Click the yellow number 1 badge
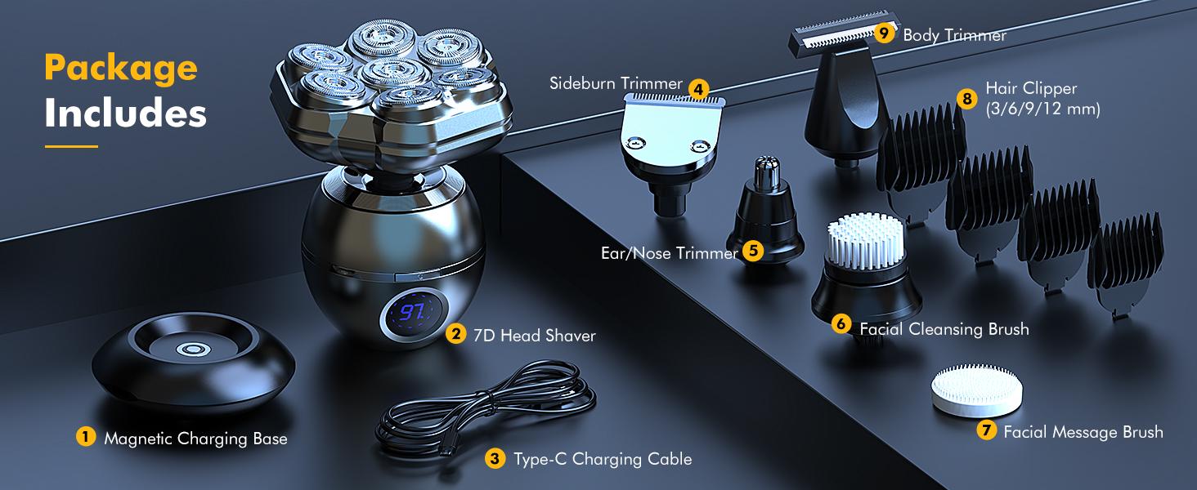85,438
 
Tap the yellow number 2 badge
456,334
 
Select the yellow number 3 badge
494,458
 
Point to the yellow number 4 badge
697,88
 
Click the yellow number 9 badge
883,33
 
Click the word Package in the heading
121,69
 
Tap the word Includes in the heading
125,114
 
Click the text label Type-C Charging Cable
603,459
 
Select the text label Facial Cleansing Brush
944,329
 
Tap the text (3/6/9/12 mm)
1042,109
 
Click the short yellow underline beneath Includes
71,146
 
